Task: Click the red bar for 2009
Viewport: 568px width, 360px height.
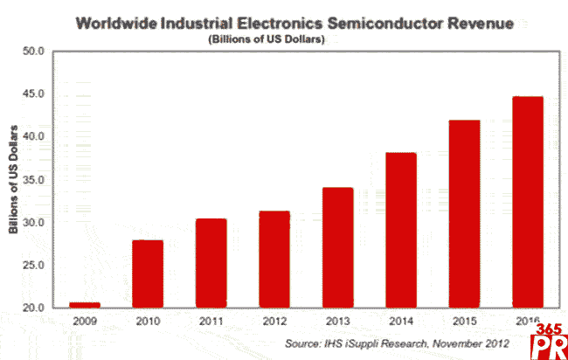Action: [x=85, y=305]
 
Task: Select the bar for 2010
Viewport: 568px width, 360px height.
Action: [x=148, y=273]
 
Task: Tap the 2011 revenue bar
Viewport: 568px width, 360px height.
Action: [x=211, y=263]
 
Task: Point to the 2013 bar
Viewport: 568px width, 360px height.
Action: [x=337, y=247]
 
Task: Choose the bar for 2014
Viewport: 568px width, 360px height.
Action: [x=400, y=230]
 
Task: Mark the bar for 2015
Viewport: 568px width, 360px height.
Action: [x=463, y=214]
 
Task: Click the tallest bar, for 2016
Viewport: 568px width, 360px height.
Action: [x=527, y=202]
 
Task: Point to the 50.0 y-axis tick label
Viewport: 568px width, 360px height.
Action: [x=33, y=52]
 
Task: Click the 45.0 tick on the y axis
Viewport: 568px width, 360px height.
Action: [x=33, y=94]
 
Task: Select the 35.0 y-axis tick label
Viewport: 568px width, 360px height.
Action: [x=33, y=180]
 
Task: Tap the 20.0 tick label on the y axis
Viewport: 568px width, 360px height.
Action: [x=33, y=308]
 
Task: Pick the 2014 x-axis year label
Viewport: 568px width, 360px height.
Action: [x=400, y=322]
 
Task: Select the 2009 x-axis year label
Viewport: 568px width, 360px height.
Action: [x=85, y=322]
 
